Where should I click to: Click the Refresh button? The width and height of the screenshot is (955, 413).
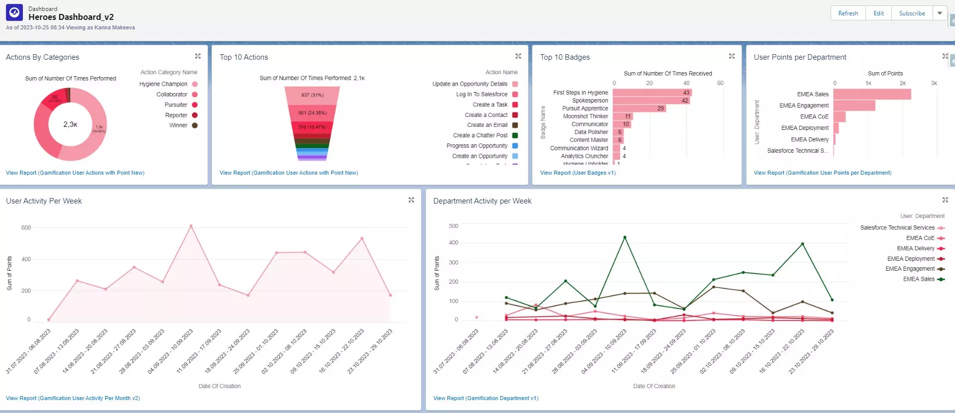(848, 13)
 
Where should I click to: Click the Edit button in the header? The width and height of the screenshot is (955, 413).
(878, 13)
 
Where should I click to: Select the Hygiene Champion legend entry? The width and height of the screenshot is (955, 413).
(163, 84)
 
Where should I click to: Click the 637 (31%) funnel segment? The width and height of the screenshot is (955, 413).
(312, 95)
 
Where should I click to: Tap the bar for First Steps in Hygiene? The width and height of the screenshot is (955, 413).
(651, 93)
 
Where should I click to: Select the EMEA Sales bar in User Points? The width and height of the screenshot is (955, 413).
(872, 94)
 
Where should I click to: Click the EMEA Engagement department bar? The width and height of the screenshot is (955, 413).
(854, 105)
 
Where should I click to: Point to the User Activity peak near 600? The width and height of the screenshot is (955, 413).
(191, 226)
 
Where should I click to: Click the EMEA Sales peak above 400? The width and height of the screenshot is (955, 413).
(625, 237)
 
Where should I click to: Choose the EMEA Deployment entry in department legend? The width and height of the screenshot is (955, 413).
(911, 259)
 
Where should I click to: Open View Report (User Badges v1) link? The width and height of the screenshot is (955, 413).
(578, 173)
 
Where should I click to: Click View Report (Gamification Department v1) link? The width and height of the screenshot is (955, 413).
(486, 398)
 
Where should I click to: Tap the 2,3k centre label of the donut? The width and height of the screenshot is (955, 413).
(70, 124)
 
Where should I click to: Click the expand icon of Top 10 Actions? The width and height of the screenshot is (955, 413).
(518, 56)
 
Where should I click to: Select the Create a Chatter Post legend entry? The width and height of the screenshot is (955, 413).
(480, 135)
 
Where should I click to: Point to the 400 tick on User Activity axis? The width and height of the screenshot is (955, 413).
(26, 259)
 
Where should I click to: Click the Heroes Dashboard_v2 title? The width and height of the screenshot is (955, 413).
(71, 17)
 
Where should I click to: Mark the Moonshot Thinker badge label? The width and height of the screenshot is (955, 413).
(585, 116)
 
